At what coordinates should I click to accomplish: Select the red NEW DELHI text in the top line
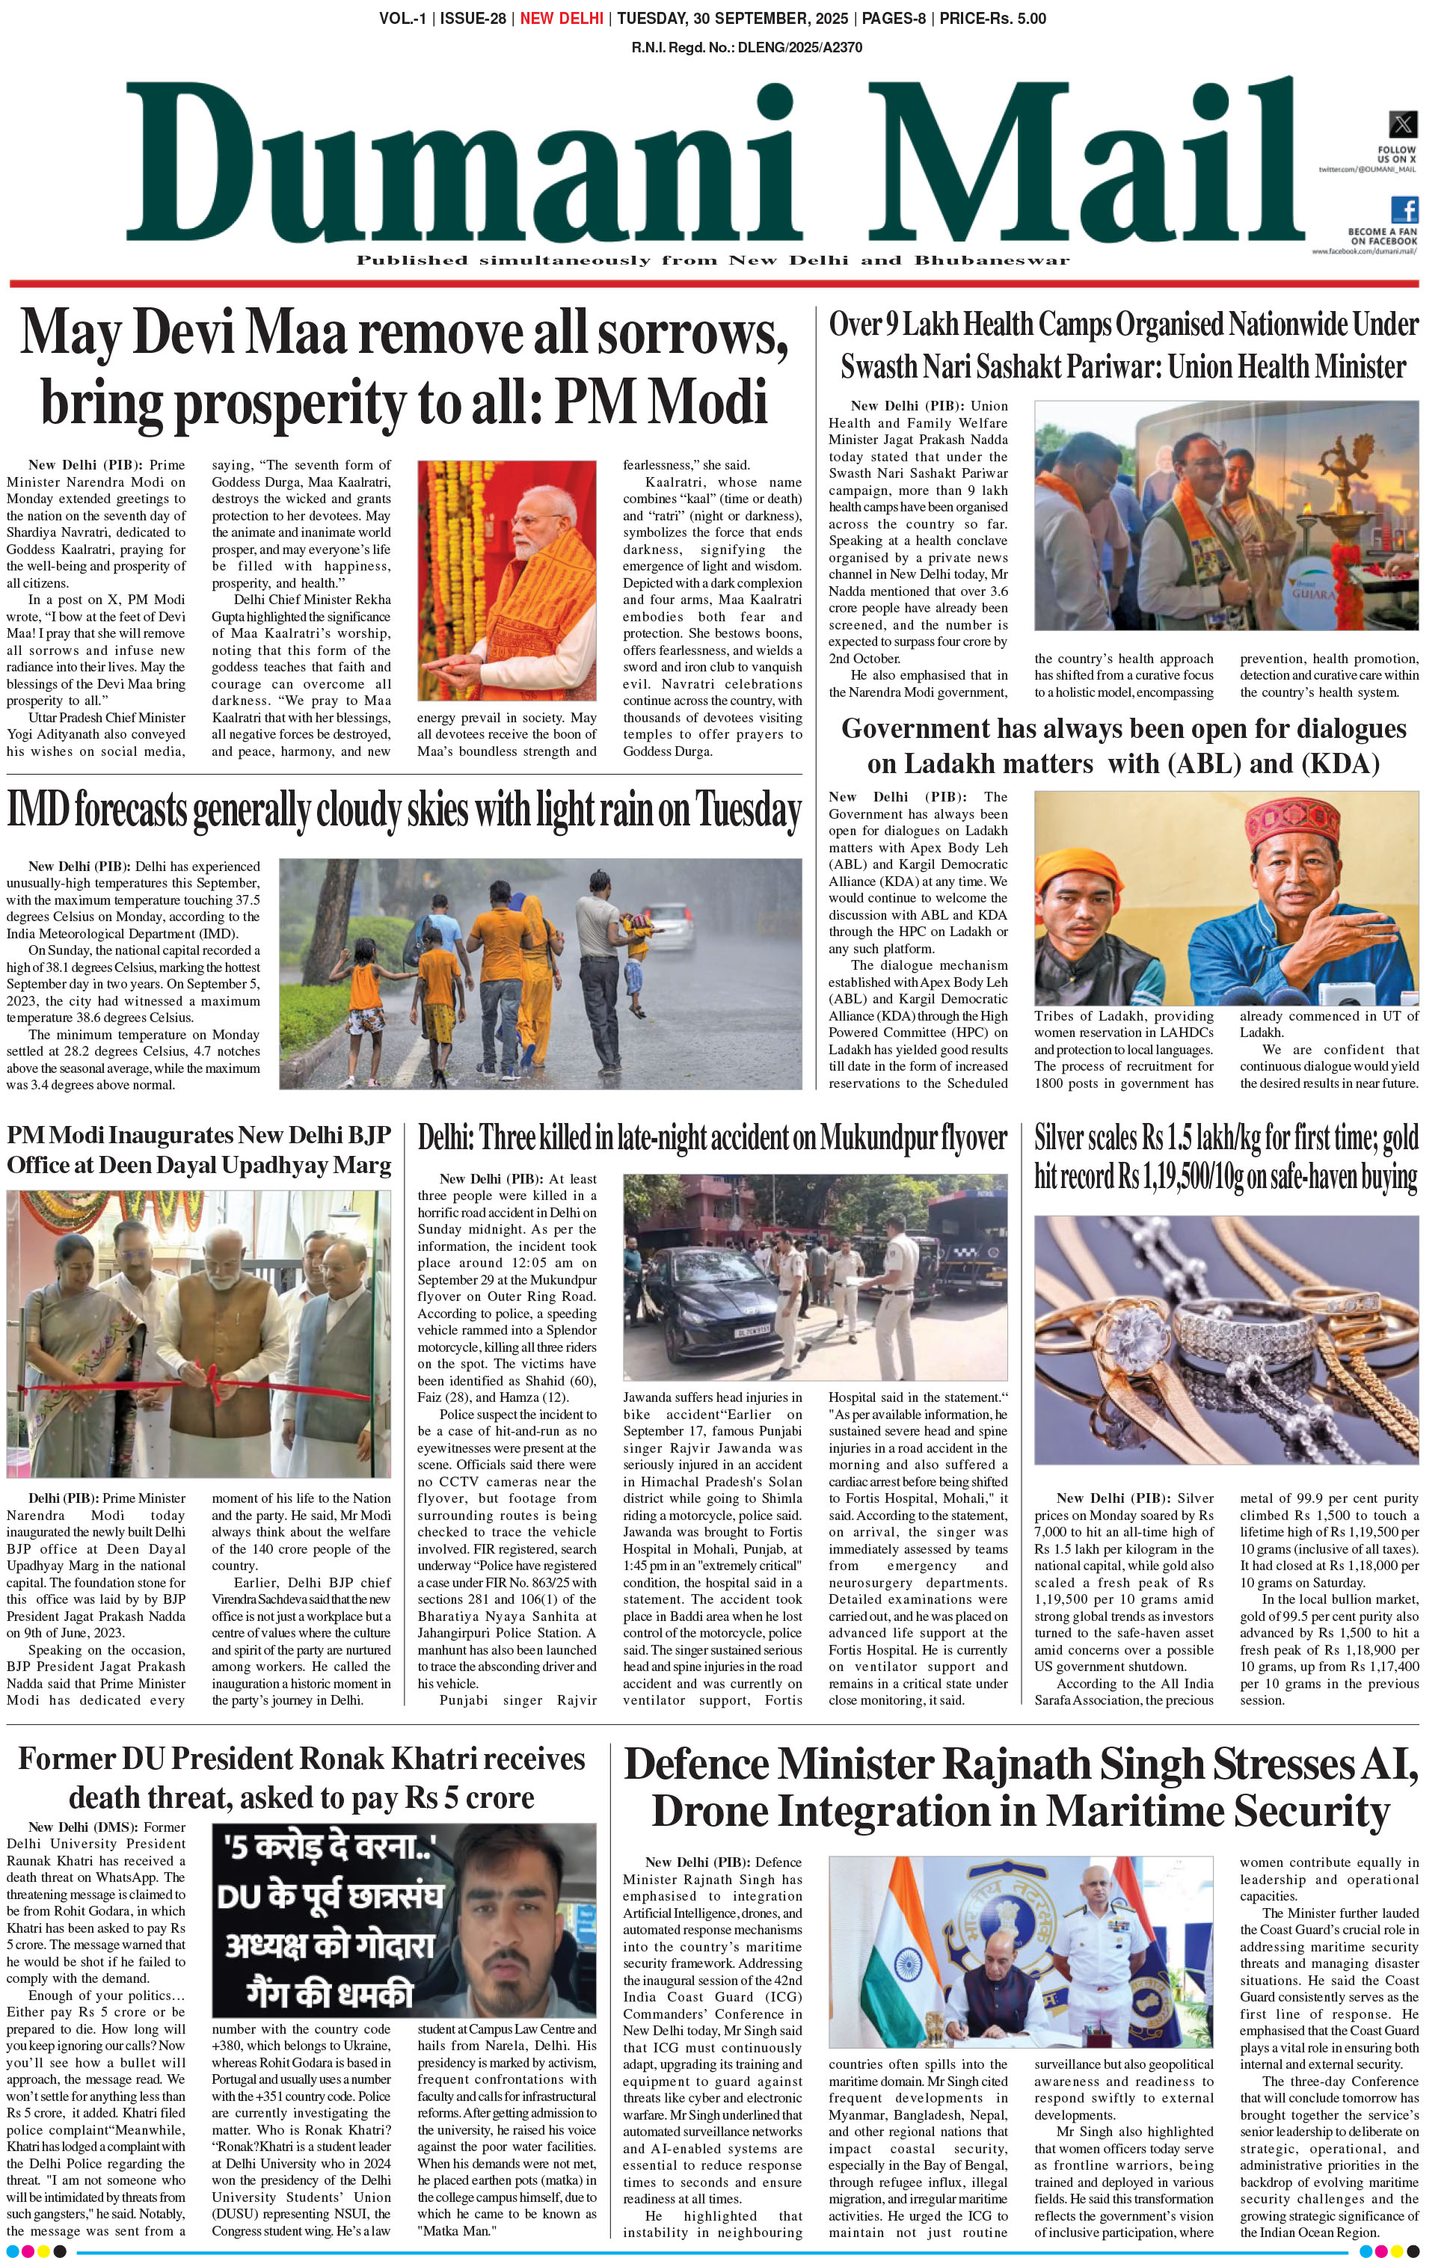point(562,19)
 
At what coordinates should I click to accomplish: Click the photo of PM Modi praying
point(507,580)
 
